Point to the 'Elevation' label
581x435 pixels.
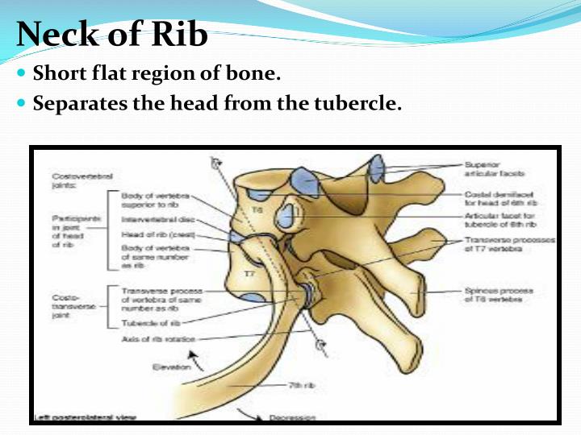tap(170, 367)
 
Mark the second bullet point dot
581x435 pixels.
tap(22, 104)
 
